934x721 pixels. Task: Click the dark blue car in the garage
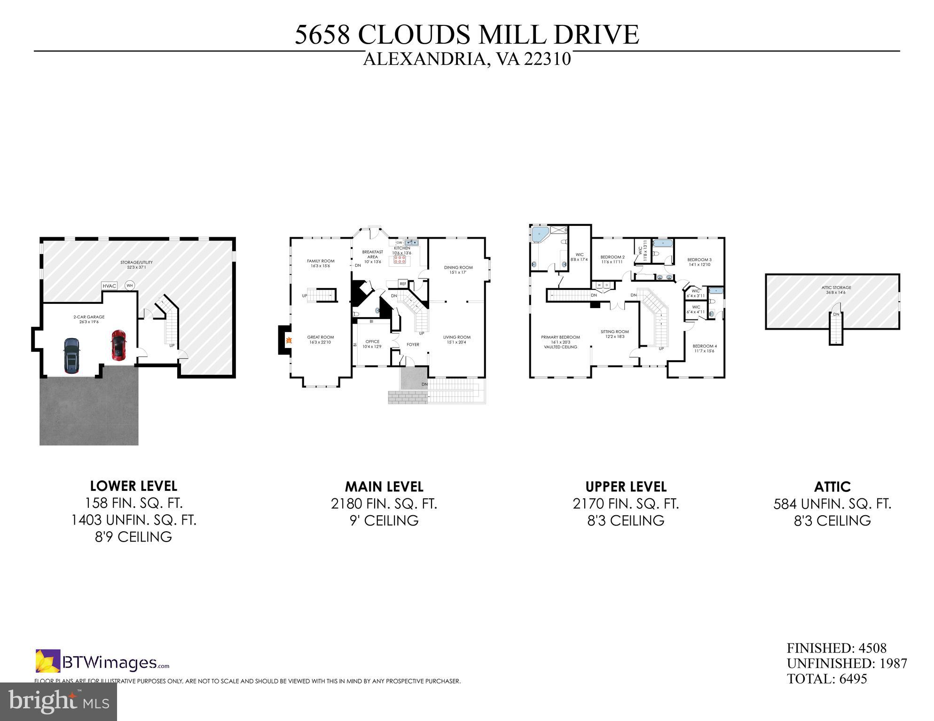71,356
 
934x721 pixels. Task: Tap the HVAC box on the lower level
109,286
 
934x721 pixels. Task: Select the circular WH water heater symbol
129,285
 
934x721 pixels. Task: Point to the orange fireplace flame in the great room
289,340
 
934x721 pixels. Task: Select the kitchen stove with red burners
400,260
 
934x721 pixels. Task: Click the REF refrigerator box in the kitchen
403,284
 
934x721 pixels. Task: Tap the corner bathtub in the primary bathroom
541,233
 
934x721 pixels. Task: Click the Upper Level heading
626,486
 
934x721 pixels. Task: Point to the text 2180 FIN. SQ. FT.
384,504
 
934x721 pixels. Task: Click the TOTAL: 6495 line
826,679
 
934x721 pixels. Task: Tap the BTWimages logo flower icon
48,660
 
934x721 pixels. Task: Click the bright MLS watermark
58,702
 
